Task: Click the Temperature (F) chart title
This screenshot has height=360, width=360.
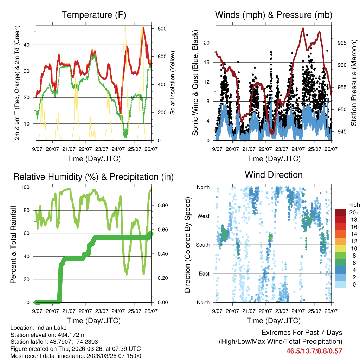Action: pos(94,15)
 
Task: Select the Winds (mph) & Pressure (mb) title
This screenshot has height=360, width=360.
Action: pos(274,15)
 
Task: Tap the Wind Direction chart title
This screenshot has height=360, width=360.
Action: pos(274,175)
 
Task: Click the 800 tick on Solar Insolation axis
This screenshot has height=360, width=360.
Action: pos(162,28)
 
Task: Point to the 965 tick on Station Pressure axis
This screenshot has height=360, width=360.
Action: pos(342,43)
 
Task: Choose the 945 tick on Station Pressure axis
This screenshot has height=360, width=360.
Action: pos(342,131)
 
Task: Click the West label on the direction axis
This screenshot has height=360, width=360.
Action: pos(203,216)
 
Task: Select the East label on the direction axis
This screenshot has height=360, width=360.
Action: pos(204,274)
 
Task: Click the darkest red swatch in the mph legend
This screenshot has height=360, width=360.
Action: pos(340,212)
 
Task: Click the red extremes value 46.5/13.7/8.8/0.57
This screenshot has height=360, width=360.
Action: pos(314,351)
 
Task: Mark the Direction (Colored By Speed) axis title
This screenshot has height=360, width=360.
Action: pos(188,245)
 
